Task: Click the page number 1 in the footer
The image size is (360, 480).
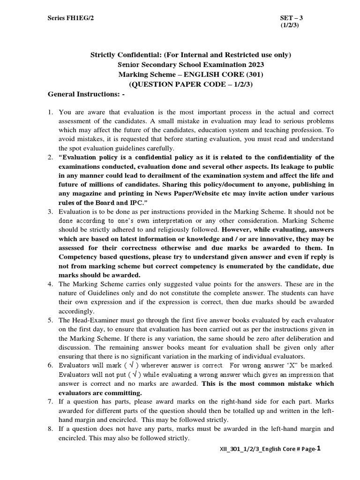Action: [x=319, y=449]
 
